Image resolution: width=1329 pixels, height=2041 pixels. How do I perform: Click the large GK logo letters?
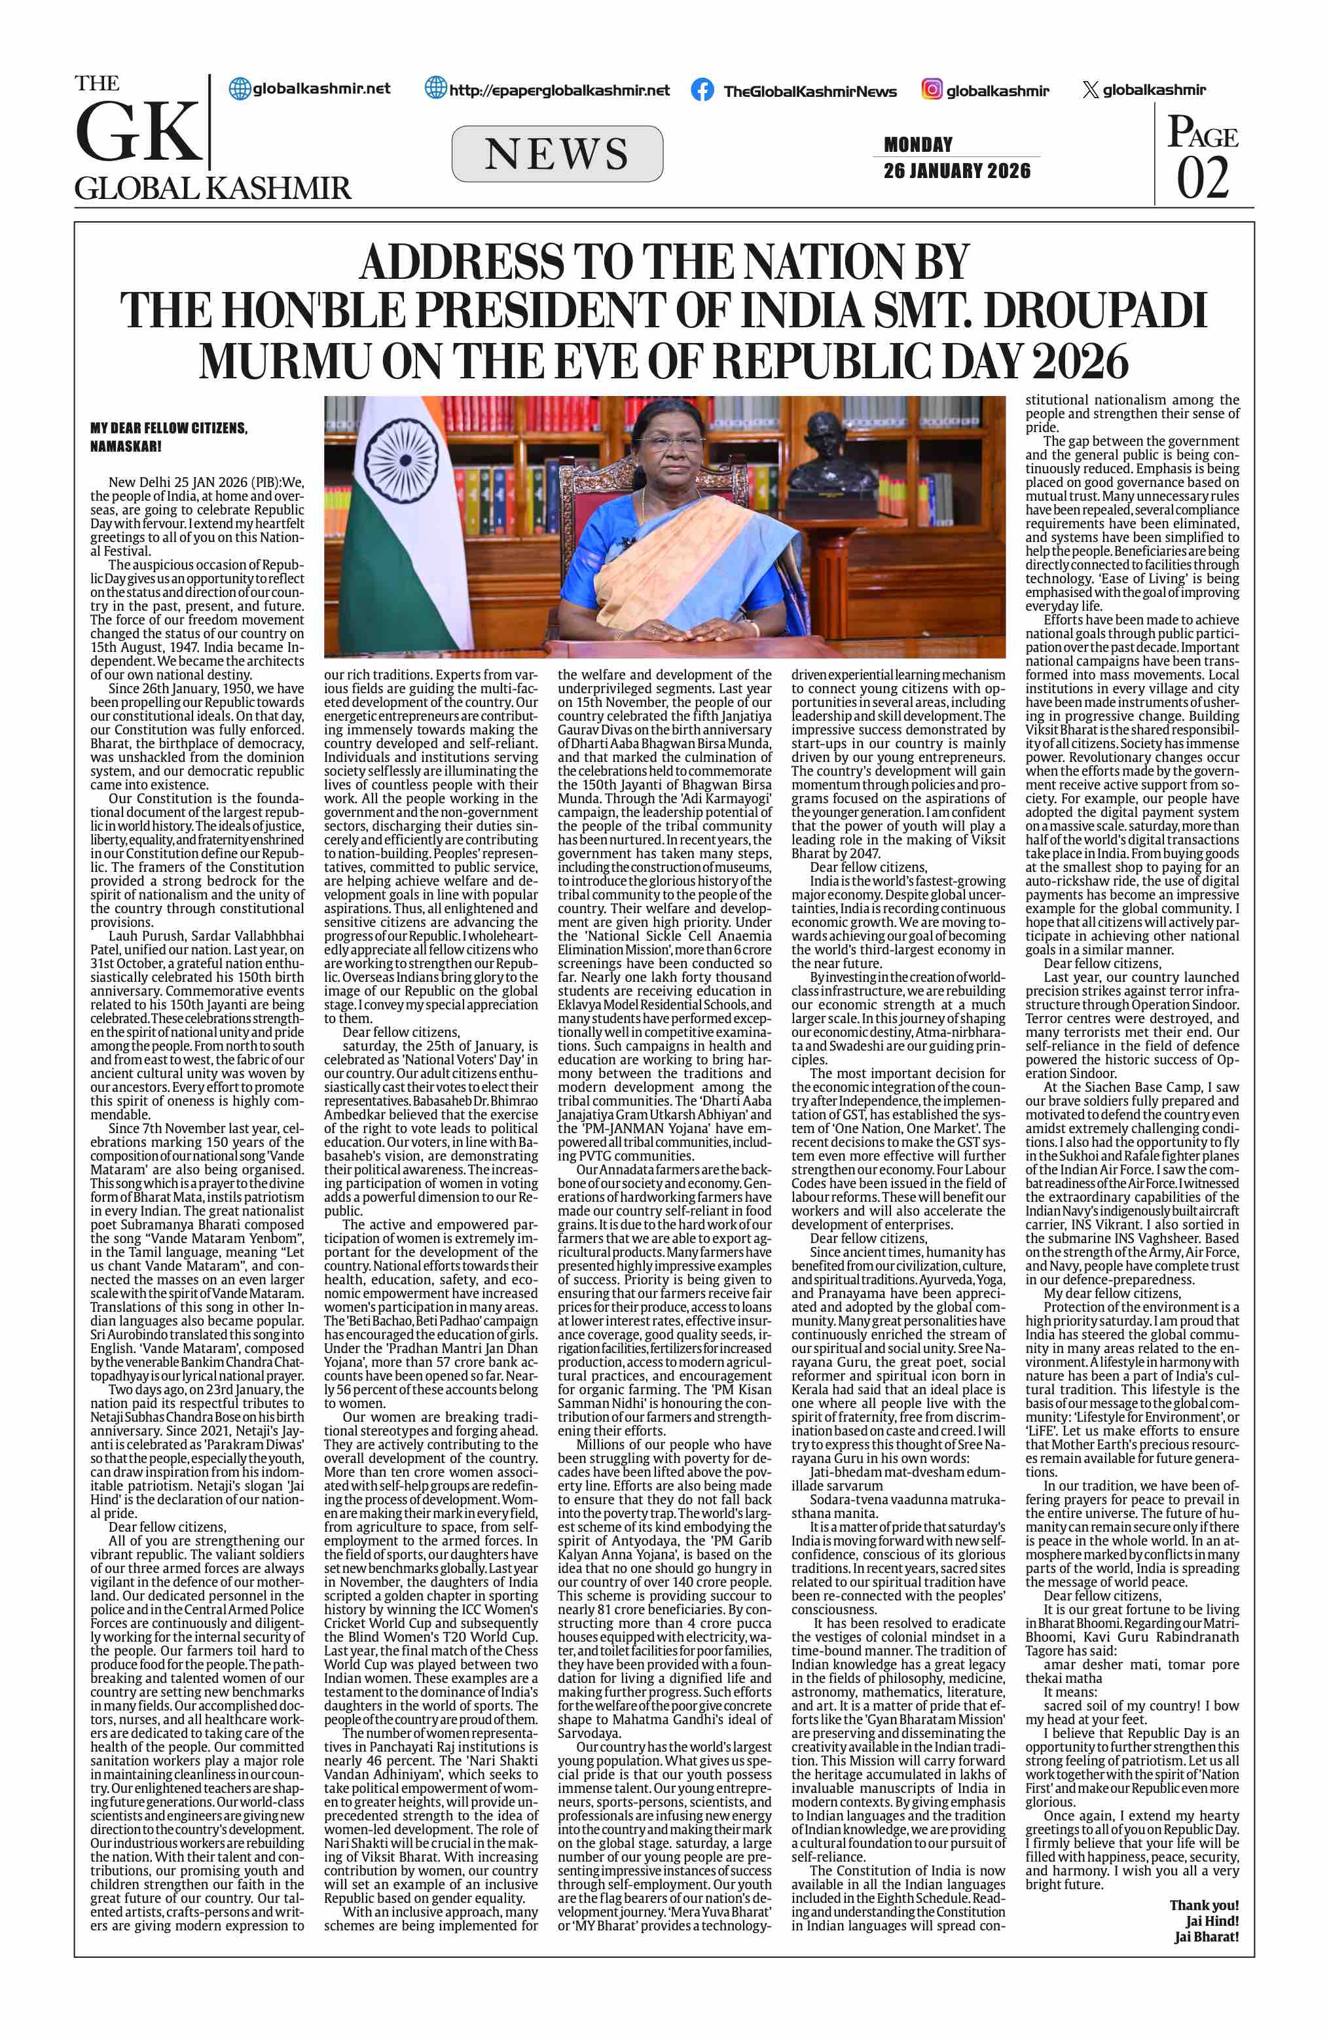pyautogui.click(x=137, y=134)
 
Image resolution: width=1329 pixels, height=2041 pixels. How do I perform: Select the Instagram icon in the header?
pyautogui.click(x=932, y=89)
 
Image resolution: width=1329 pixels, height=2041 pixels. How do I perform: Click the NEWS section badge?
pyautogui.click(x=557, y=154)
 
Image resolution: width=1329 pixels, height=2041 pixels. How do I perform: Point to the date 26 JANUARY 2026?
pyautogui.click(x=957, y=171)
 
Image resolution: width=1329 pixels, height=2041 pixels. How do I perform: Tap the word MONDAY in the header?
pyautogui.click(x=919, y=144)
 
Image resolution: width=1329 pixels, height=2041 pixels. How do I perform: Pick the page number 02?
pyautogui.click(x=1202, y=177)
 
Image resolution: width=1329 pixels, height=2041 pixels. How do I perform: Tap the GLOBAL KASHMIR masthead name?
pyautogui.click(x=213, y=189)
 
